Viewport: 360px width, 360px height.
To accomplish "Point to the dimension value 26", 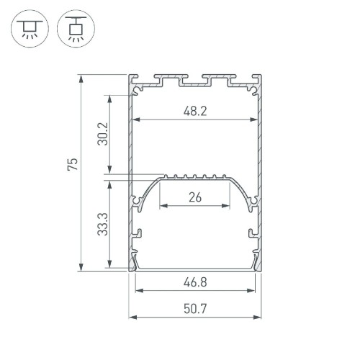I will click(195, 197).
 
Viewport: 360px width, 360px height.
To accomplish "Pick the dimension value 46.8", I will click(194, 282).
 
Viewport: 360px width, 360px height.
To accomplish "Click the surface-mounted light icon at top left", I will click(28, 29).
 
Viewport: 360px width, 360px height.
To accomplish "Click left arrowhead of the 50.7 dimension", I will click(132, 318).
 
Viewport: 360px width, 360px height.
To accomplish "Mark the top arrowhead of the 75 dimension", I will click(83, 77).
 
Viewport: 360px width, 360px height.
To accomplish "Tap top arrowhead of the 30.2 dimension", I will click(110, 97).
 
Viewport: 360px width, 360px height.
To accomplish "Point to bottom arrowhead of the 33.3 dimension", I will click(110, 267).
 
